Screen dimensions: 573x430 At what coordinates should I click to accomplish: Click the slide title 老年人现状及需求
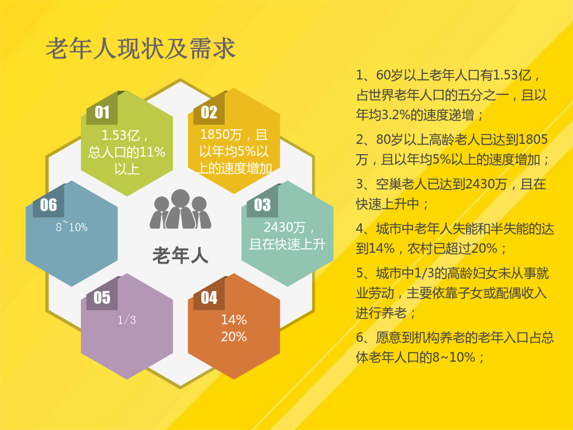[x=141, y=48]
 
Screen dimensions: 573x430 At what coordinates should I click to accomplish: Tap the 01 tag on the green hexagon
[x=102, y=112]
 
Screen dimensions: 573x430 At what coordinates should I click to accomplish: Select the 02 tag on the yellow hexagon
[x=209, y=112]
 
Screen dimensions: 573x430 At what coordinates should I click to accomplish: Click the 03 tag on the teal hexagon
[x=262, y=204]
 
